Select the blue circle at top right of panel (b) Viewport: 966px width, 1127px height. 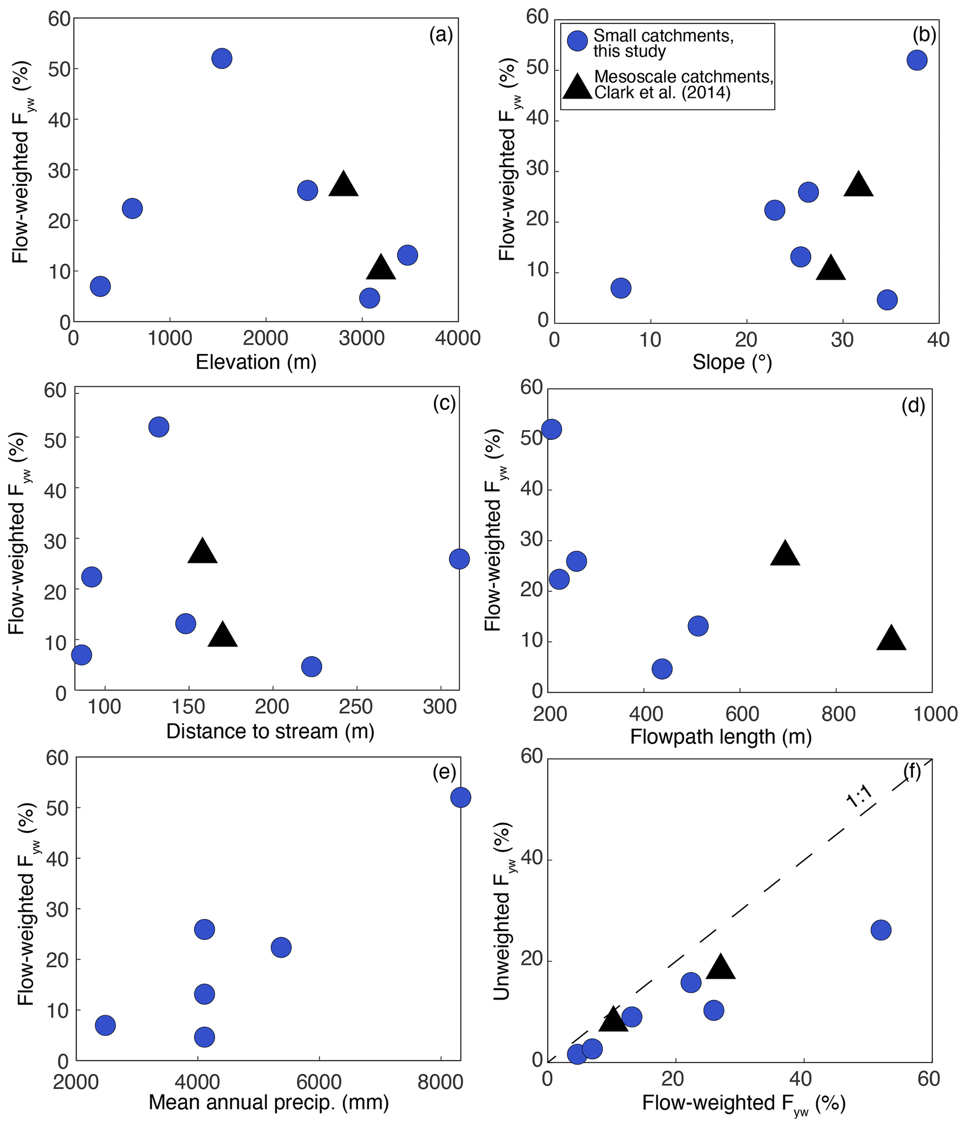[916, 60]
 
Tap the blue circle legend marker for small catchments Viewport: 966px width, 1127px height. [577, 41]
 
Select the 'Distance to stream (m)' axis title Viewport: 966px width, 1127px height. [270, 731]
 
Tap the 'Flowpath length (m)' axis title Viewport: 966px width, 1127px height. [721, 737]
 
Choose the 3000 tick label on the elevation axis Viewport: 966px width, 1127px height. [362, 338]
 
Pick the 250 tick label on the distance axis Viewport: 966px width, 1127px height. [356, 707]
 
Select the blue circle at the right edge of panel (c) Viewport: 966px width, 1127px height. [459, 559]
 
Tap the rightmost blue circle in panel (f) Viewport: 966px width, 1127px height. [880, 930]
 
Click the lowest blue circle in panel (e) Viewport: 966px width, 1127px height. [204, 1037]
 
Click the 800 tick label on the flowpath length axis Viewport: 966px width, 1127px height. [837, 714]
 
